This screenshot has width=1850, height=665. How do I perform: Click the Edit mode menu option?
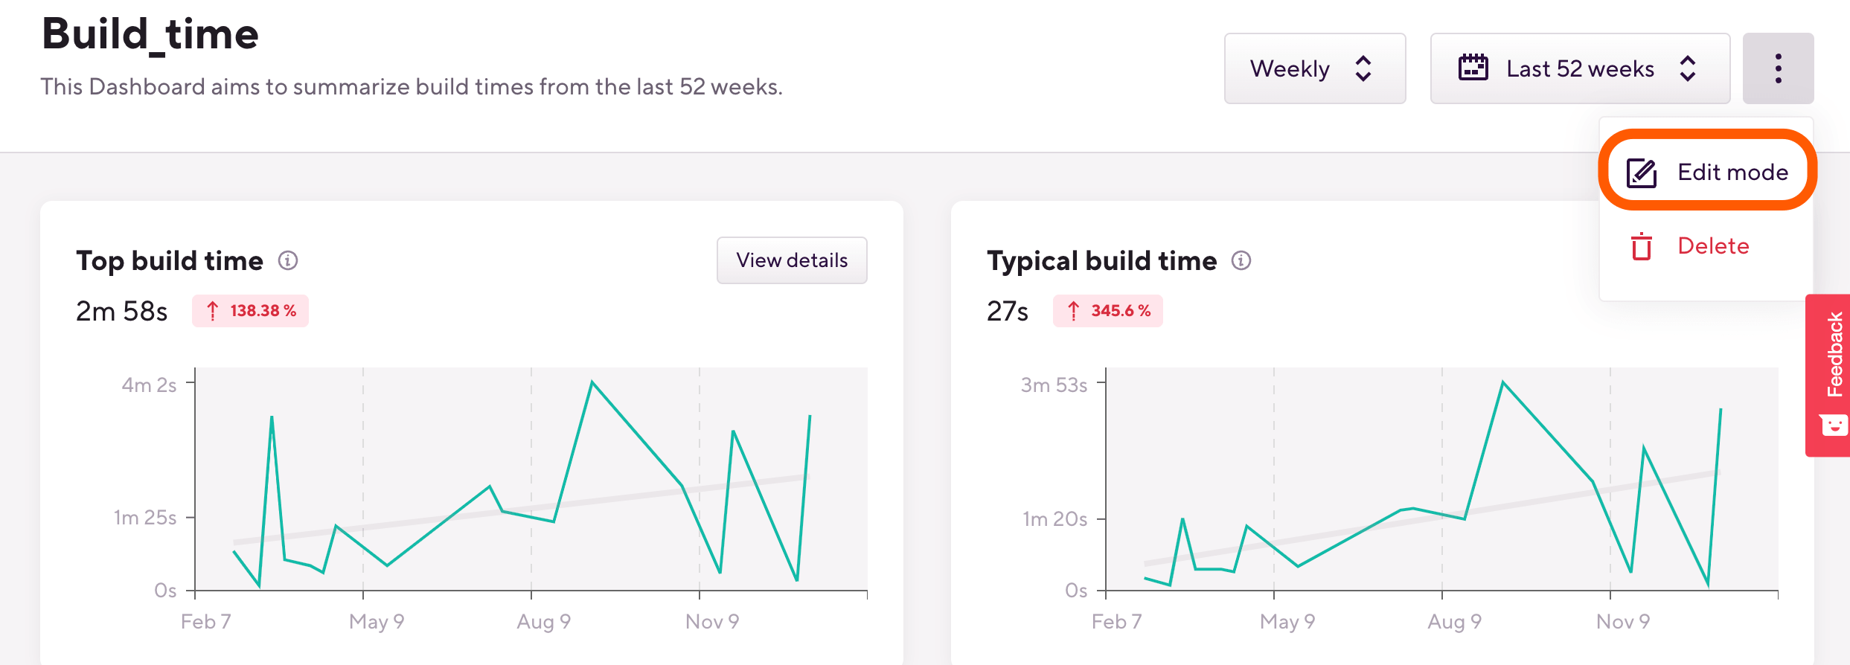1707,173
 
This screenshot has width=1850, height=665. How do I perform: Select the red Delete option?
1712,246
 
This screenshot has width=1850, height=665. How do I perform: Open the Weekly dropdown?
1314,68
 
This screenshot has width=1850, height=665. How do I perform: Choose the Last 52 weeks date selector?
1579,68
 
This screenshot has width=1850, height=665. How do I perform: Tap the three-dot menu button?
1778,68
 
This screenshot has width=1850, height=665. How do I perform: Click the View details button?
792,260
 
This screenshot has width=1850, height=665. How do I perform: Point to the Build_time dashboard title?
150,34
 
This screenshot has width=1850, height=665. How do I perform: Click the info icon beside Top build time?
288,260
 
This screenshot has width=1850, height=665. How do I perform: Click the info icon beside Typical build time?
1241,260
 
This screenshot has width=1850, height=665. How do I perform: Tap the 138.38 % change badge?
251,311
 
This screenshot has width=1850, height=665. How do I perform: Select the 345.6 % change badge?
1108,311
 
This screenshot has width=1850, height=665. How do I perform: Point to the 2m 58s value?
122,311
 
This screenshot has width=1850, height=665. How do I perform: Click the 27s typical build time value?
1008,311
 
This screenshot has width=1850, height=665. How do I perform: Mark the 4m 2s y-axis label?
149,385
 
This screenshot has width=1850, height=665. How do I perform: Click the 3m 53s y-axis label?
1054,385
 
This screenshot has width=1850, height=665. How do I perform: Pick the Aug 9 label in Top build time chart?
544,622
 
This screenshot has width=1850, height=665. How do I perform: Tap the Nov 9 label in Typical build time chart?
1623,622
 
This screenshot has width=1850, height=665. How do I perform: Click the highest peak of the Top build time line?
592,382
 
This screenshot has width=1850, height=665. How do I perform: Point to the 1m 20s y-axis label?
1055,519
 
